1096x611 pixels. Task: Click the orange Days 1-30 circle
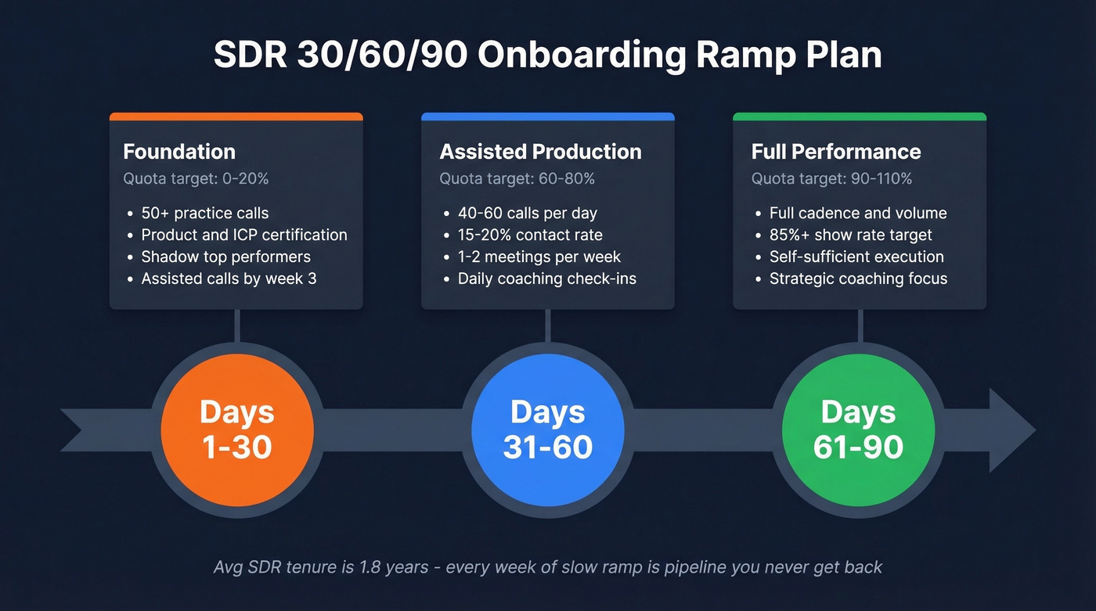tap(236, 429)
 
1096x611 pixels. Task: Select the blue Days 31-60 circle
tap(547, 429)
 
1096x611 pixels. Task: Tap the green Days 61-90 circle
tap(859, 429)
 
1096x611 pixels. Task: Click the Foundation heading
tap(179, 152)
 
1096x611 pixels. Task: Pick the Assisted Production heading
tap(540, 152)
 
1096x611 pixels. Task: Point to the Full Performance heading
tap(836, 152)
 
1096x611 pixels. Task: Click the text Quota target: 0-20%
tap(196, 179)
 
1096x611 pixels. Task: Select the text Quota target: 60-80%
tap(517, 179)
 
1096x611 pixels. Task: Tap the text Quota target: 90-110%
tap(831, 179)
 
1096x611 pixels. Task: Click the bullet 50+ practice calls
tap(204, 213)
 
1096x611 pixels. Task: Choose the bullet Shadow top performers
tap(225, 257)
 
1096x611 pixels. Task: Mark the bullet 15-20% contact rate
tap(530, 235)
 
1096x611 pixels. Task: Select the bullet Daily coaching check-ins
tap(546, 279)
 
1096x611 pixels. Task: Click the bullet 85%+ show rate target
tap(850, 235)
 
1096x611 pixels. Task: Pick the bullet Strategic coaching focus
tap(858, 279)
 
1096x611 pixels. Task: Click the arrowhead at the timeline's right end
tap(1013, 429)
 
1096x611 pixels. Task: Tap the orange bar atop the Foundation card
tap(236, 117)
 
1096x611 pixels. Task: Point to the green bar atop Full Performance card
tap(859, 117)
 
